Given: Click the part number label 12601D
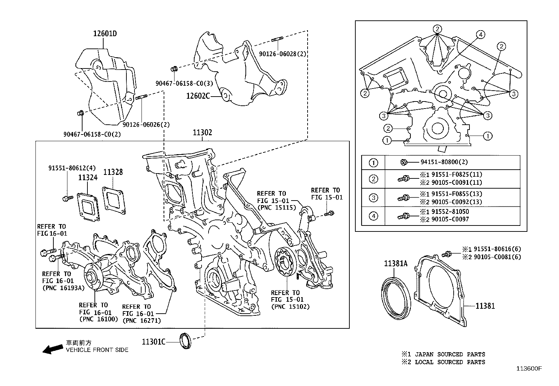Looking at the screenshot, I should (x=105, y=34).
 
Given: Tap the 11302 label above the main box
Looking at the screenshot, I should (x=202, y=133).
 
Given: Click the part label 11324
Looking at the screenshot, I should (x=87, y=178).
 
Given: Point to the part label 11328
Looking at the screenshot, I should (x=113, y=172).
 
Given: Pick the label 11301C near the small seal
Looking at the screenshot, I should (x=153, y=341).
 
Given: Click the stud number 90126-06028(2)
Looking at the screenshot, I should (x=283, y=54).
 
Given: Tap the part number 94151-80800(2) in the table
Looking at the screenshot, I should (x=444, y=162).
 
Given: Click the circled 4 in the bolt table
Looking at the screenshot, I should (x=374, y=216).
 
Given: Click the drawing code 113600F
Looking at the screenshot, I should (x=529, y=368).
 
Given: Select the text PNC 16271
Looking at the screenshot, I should (x=142, y=320).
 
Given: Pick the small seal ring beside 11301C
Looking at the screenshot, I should (x=186, y=341).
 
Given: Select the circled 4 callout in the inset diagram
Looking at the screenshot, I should (x=481, y=34).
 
